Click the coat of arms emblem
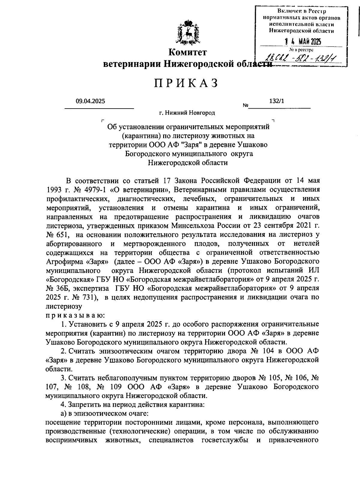tap(188, 33)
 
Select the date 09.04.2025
tap(90, 101)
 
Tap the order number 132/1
tap(277, 101)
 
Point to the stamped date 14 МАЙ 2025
tap(303, 42)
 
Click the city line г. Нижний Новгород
tap(187, 113)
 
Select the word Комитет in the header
tap(187, 52)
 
